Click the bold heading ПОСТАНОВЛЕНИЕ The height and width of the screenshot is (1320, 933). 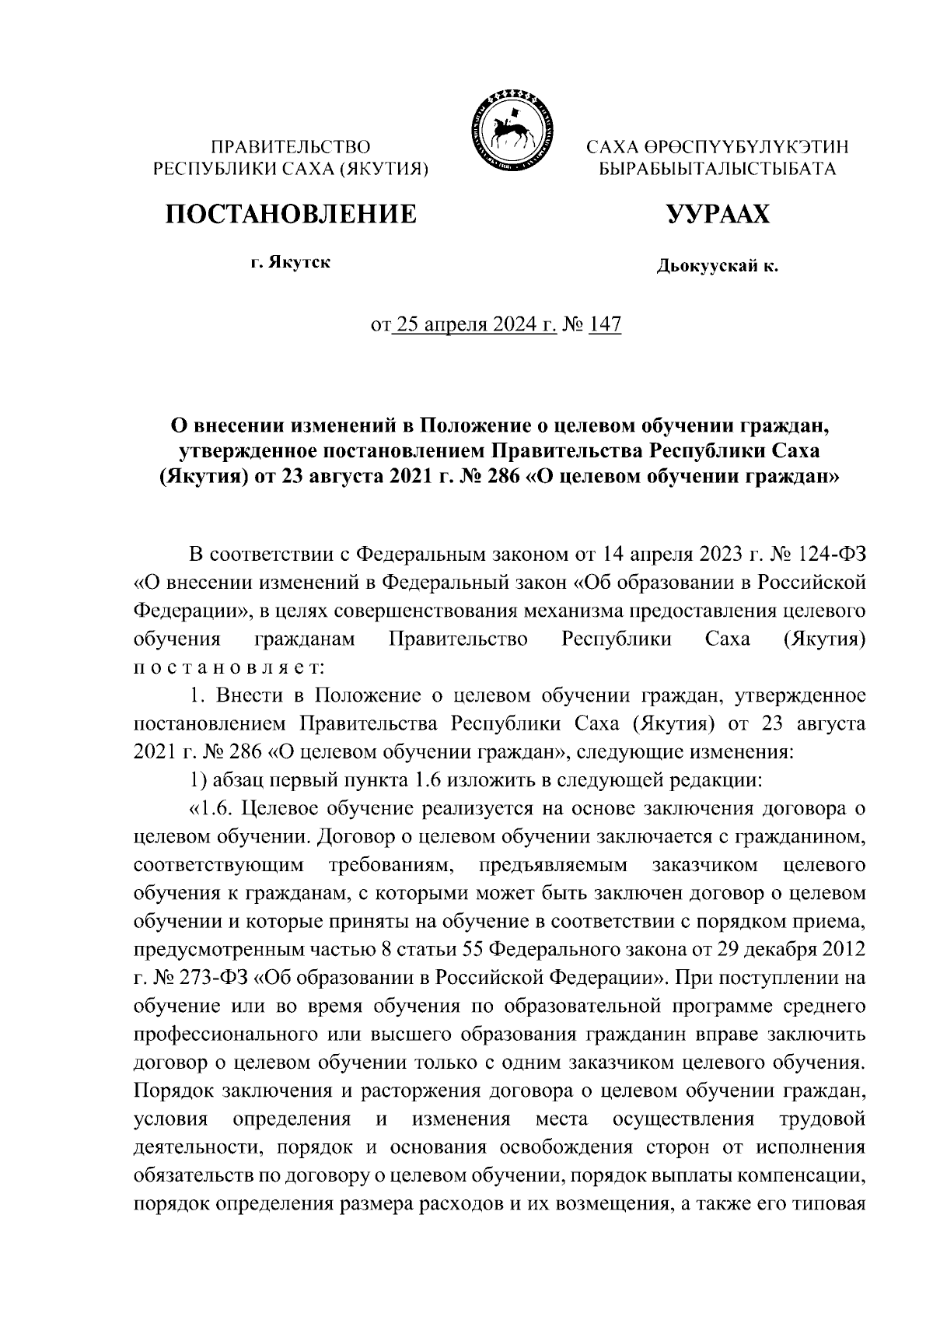pyautogui.click(x=290, y=212)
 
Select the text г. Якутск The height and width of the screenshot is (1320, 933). pyautogui.click(x=290, y=263)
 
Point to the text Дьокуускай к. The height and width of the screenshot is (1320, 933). pyautogui.click(x=717, y=266)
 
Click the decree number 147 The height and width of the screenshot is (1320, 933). pyautogui.click(x=606, y=324)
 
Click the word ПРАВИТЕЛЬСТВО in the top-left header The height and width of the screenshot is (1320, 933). pyautogui.click(x=292, y=146)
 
